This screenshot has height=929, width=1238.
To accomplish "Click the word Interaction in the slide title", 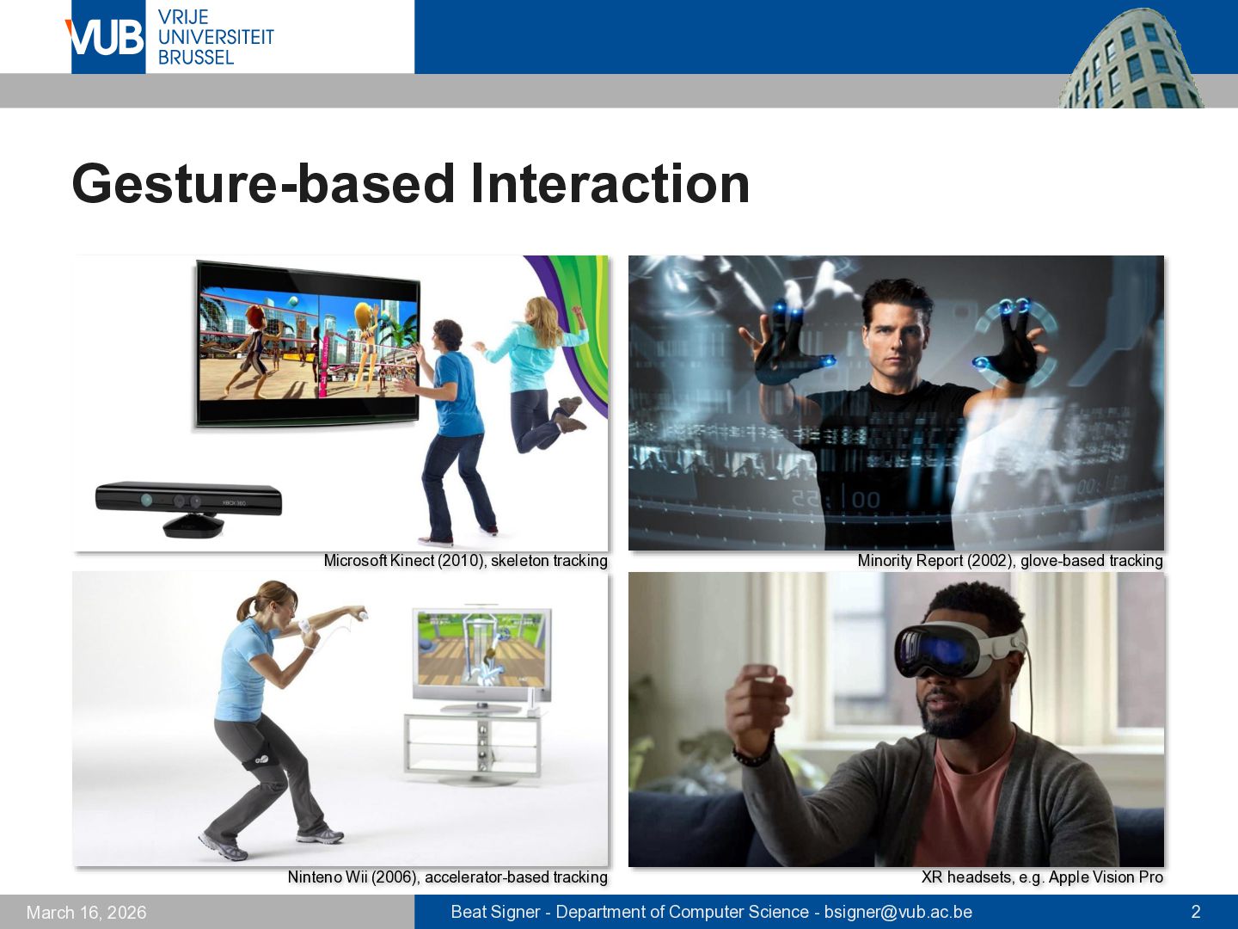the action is (x=610, y=183).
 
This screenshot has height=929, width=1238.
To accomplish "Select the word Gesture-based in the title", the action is (x=263, y=183).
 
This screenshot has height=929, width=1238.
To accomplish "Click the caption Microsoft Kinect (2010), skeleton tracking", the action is (x=465, y=561).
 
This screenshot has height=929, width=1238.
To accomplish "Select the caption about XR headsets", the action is (x=1042, y=877).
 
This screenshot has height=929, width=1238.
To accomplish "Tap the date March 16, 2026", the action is (x=86, y=912).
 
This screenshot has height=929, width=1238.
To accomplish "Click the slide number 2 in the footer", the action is (x=1195, y=912).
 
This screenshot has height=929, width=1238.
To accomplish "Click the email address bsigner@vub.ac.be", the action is (x=898, y=912).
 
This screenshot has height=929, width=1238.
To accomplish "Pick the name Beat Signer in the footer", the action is (x=495, y=912).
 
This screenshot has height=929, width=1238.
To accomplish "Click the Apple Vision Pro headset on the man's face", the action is (x=959, y=649).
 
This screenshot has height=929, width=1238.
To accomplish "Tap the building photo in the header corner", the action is (x=1131, y=58).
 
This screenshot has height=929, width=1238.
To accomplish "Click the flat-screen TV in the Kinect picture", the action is (x=308, y=344).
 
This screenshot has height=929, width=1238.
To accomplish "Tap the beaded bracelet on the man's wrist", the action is (x=754, y=753).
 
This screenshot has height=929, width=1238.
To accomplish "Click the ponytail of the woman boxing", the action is (x=247, y=609).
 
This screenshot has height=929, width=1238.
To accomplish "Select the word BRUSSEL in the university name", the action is (x=196, y=58).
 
